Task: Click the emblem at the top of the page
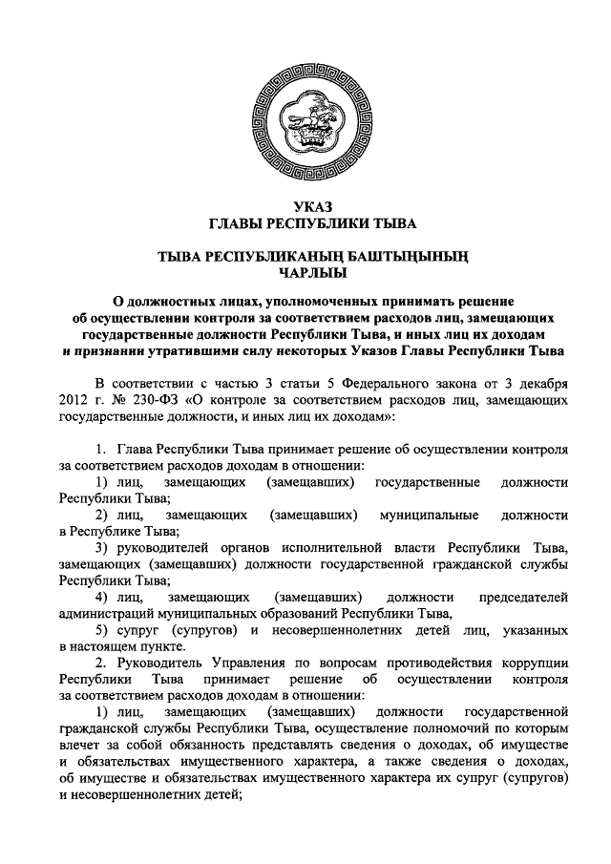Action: pyautogui.click(x=305, y=119)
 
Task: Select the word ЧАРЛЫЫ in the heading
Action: pyautogui.click(x=305, y=271)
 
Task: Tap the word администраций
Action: pyautogui.click(x=110, y=614)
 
